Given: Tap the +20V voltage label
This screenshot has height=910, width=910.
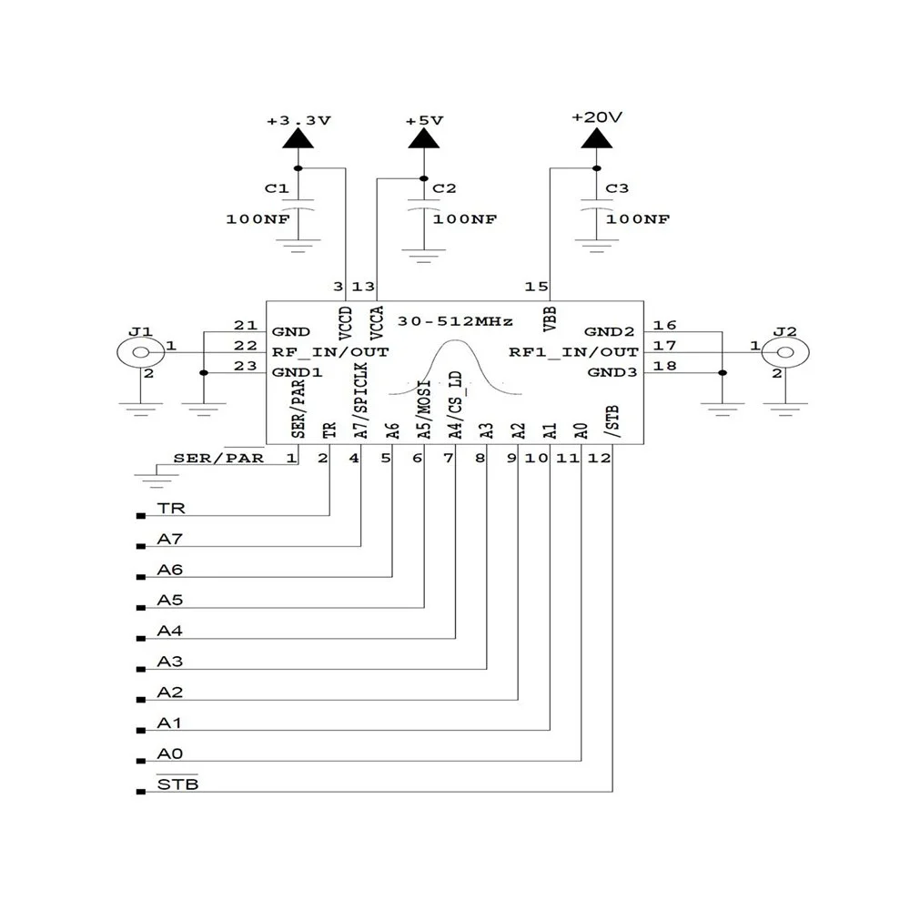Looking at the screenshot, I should click(x=596, y=117).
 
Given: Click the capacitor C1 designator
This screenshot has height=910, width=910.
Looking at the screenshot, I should click(x=276, y=188).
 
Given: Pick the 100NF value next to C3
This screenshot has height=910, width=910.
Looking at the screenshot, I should click(x=638, y=219).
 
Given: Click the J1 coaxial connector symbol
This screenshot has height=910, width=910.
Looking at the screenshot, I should click(x=139, y=352).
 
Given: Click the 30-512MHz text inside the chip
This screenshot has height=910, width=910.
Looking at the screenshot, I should click(x=462, y=322).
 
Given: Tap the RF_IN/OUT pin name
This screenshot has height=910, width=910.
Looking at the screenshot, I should click(x=329, y=351).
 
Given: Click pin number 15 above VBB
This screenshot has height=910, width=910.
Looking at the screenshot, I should click(x=536, y=288).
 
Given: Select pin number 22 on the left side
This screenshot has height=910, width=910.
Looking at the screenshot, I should click(x=245, y=346).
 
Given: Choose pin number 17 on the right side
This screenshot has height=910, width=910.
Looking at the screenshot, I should click(x=664, y=346).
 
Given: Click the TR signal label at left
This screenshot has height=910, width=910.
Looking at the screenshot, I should click(x=170, y=510).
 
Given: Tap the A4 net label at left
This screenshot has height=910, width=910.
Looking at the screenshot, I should click(x=170, y=631).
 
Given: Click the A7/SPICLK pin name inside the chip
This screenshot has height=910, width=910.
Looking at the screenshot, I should click(x=361, y=405).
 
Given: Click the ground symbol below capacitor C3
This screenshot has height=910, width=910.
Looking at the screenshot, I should click(x=596, y=245).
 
